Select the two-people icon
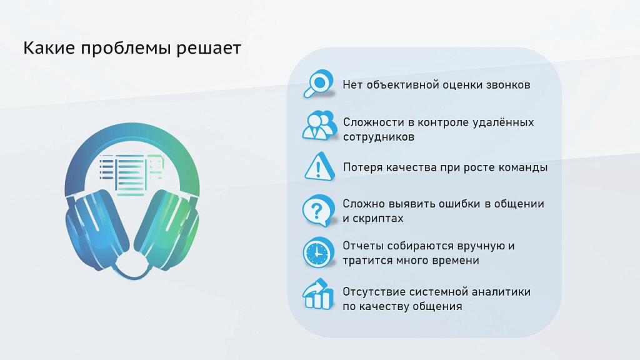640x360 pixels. click(319, 125)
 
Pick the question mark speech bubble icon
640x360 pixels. click(317, 211)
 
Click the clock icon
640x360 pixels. click(317, 252)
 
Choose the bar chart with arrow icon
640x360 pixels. click(317, 295)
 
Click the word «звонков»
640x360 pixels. click(508, 84)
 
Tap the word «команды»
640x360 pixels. click(522, 167)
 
